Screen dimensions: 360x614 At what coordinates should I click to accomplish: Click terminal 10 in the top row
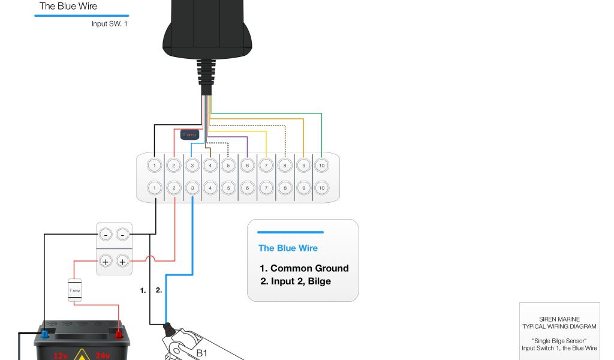click(x=321, y=165)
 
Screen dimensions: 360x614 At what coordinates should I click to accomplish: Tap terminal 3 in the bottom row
click(x=192, y=188)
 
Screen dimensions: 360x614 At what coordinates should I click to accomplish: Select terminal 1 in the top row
click(x=155, y=165)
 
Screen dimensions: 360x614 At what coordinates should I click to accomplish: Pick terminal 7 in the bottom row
click(x=266, y=188)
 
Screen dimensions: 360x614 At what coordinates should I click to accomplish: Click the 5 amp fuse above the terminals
click(x=190, y=135)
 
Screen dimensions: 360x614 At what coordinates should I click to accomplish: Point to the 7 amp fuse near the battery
click(x=75, y=290)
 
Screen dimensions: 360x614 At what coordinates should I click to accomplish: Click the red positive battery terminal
click(x=119, y=333)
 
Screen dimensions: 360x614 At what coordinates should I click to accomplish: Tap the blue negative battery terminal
click(x=45, y=333)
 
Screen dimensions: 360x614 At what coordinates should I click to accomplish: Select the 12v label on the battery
click(x=60, y=355)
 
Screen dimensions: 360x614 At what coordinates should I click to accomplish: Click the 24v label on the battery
click(x=103, y=355)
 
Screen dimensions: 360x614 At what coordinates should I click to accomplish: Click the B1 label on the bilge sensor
click(x=202, y=353)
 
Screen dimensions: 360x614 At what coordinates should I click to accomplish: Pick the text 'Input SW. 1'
click(x=109, y=24)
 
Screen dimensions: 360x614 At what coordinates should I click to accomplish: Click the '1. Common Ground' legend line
click(x=304, y=268)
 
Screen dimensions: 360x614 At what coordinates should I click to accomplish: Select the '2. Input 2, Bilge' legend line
click(x=295, y=281)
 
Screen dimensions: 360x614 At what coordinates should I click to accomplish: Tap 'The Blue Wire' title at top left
click(x=68, y=7)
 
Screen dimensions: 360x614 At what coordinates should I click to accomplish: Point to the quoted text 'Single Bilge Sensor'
click(x=559, y=341)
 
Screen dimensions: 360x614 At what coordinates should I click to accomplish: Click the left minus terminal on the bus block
click(x=106, y=235)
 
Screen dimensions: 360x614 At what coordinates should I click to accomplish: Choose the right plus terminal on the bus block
click(x=123, y=261)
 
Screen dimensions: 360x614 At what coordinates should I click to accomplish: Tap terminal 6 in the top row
click(x=247, y=165)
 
